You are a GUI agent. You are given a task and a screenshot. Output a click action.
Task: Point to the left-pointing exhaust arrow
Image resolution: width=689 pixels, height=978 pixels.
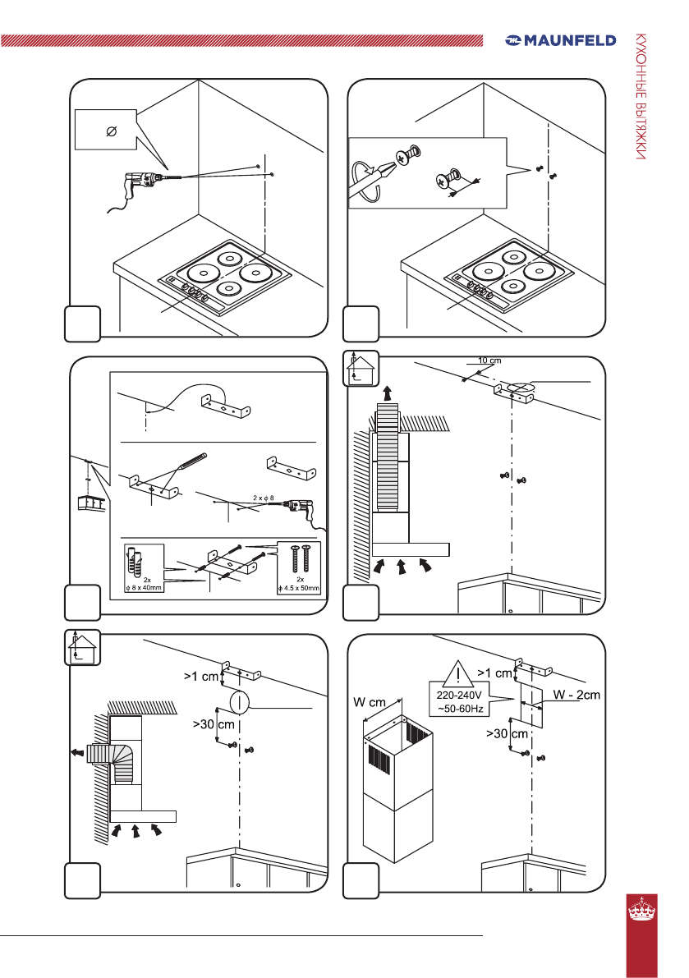tap(76, 751)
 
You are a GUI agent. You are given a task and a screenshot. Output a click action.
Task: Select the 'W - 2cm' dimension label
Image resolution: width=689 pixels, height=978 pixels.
tap(576, 696)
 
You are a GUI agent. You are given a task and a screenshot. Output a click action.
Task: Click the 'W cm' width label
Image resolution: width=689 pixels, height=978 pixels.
tap(370, 701)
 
